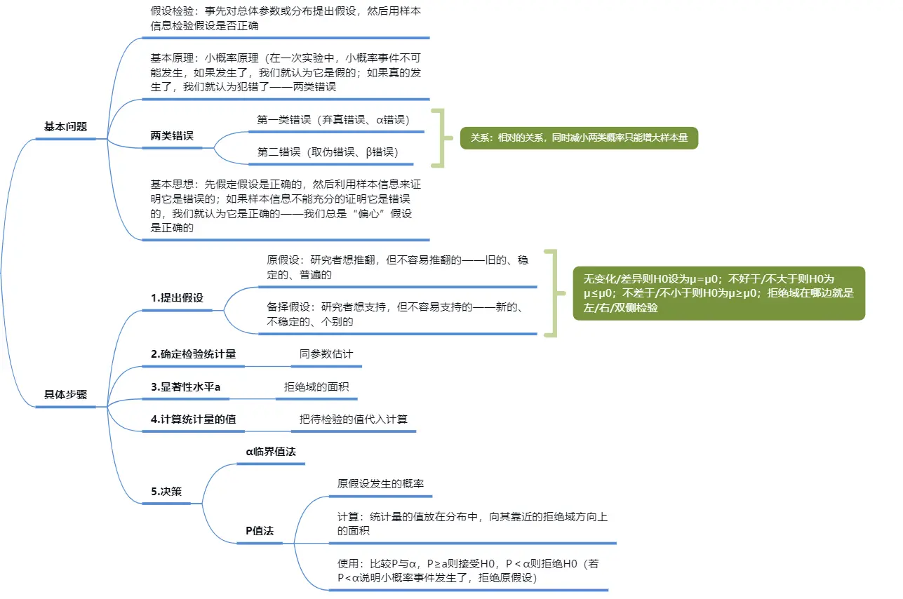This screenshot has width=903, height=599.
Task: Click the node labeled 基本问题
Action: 65,127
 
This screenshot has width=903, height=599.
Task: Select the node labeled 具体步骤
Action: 65,394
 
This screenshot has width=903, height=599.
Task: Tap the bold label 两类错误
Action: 172,136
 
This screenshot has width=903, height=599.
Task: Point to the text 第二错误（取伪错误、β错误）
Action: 328,152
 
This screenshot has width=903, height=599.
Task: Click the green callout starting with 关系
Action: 579,138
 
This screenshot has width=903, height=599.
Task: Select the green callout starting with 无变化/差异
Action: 718,293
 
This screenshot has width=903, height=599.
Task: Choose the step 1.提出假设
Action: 177,297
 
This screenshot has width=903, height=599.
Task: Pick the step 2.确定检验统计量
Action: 193,354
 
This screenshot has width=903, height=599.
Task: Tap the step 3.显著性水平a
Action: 185,387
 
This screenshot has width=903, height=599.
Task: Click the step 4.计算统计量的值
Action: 193,419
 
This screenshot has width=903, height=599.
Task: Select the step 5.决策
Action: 166,492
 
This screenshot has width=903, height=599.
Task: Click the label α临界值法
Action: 271,452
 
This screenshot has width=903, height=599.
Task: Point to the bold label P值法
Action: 259,531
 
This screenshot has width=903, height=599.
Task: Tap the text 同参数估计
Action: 326,354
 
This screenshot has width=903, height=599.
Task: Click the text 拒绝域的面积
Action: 316,387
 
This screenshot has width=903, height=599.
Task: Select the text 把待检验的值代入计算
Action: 353,419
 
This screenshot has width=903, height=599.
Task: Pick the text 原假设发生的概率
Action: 380,484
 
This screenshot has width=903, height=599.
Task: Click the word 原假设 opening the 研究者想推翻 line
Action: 283,260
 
